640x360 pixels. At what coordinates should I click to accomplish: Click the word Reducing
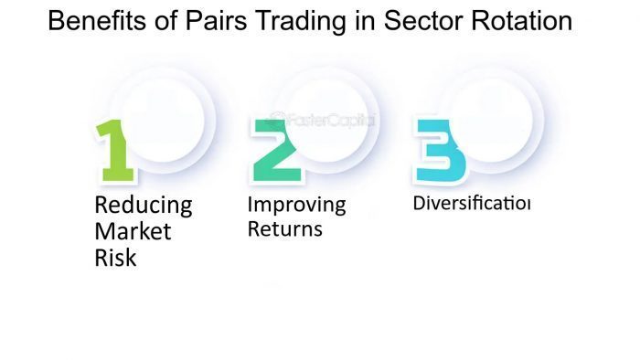click(x=144, y=204)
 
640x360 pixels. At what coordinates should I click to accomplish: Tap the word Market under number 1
click(x=133, y=231)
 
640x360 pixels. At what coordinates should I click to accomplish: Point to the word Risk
click(x=115, y=259)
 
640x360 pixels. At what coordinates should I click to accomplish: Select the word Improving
click(x=297, y=204)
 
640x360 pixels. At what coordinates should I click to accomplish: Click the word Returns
click(x=285, y=228)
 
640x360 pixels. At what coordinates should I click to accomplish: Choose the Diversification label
click(x=472, y=202)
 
